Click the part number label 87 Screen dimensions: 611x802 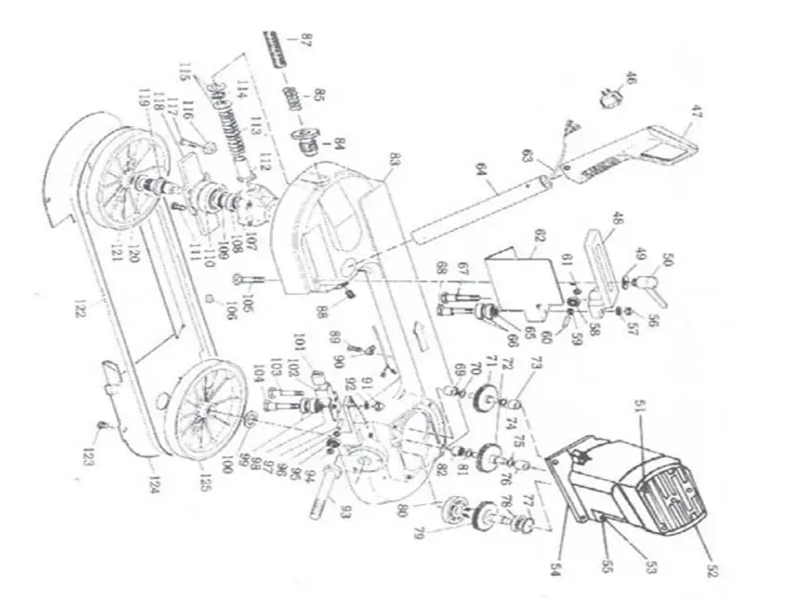(x=306, y=40)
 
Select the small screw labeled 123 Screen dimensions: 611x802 (x=105, y=425)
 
